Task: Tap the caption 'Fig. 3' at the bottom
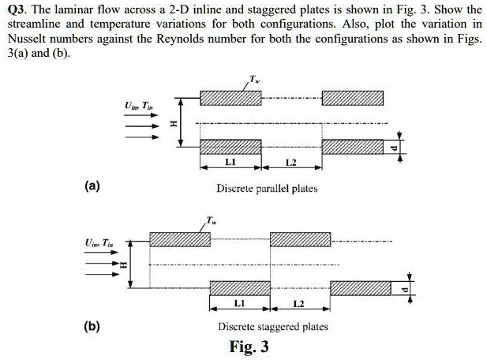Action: coord(249,346)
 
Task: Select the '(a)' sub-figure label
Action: coord(93,186)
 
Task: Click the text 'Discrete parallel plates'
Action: coord(267,189)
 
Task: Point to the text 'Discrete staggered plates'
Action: coord(272,326)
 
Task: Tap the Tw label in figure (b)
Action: coord(210,218)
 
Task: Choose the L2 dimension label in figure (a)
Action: coord(289,162)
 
